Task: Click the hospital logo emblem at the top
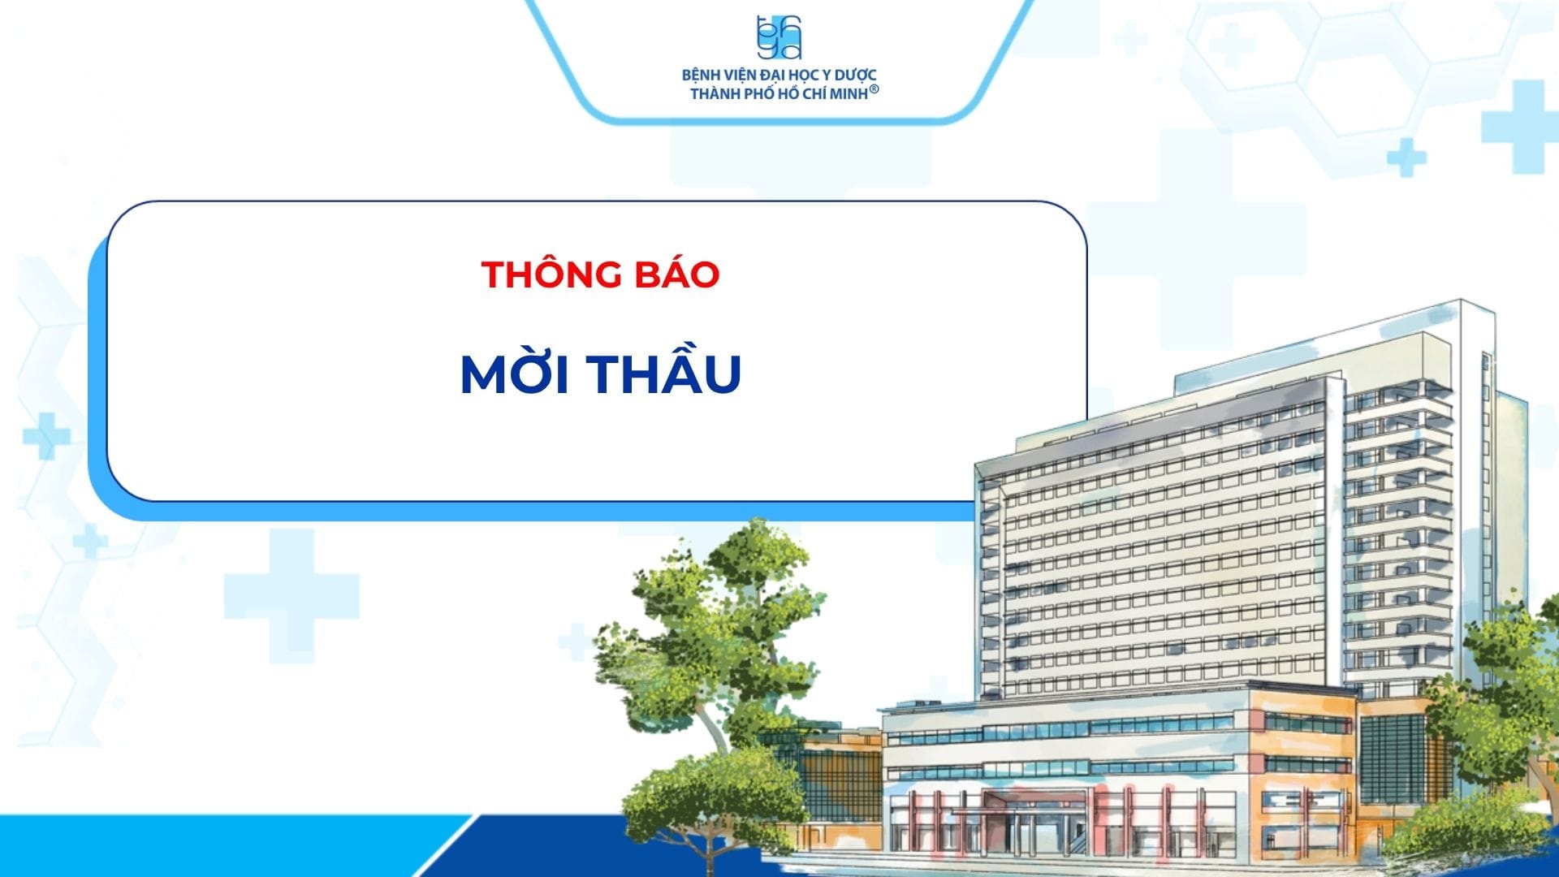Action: [779, 37]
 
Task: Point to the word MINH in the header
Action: [849, 94]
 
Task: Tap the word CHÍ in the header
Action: [814, 93]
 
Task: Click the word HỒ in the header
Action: [789, 93]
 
